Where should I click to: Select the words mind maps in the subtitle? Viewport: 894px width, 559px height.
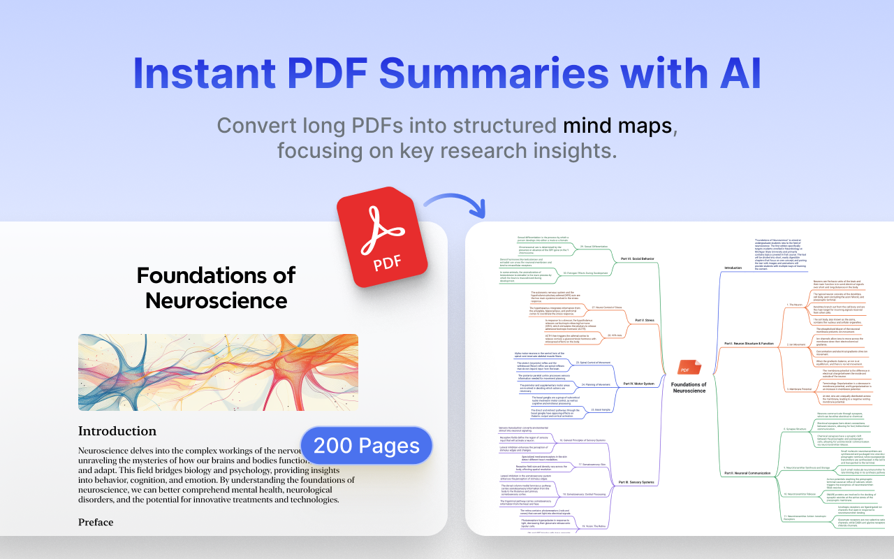click(619, 126)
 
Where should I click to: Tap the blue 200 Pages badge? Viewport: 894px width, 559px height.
click(367, 445)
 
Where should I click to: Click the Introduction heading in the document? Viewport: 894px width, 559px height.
click(117, 431)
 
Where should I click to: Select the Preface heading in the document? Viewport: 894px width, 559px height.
click(96, 522)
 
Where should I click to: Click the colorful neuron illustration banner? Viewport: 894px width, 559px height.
click(218, 372)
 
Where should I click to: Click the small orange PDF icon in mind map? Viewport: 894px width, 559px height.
click(688, 368)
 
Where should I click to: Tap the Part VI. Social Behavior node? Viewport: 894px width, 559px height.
click(637, 259)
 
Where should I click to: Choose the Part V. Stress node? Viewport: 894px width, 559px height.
click(643, 321)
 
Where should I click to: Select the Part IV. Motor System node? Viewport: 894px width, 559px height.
click(638, 384)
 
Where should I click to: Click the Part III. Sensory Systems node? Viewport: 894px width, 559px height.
click(636, 482)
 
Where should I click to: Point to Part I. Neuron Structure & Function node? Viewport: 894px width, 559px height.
click(749, 344)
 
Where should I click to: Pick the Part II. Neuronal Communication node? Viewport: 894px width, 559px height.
click(747, 473)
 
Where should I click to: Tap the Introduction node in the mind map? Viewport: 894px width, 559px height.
click(733, 268)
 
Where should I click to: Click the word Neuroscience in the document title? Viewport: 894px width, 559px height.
click(216, 300)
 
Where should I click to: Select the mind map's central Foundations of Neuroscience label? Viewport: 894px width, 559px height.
click(688, 387)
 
